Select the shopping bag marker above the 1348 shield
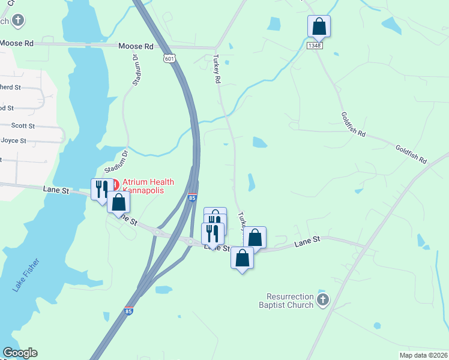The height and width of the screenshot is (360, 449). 319,27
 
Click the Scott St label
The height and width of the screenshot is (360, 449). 23,126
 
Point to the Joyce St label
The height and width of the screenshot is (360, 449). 14,141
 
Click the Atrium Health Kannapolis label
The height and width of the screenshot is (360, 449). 148,186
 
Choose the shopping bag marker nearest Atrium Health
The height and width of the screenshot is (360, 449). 118,202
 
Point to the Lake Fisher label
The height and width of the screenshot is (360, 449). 25,275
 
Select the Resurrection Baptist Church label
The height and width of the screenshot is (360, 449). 291,301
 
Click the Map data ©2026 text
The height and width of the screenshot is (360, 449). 423,355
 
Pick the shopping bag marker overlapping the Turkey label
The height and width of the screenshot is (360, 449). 255,238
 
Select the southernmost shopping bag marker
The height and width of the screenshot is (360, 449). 242,259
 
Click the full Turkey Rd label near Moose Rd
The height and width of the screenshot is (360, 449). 217,68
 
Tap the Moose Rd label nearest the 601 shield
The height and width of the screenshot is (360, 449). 136,46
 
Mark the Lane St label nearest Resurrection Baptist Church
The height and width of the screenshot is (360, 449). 309,242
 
